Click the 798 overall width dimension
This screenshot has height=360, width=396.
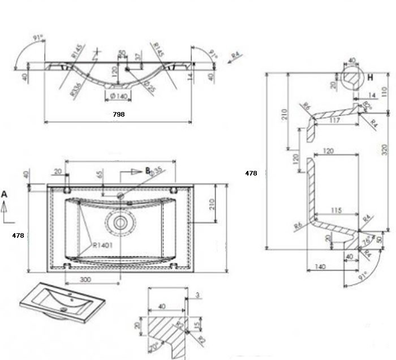click(x=119, y=114)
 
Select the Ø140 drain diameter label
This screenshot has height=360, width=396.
click(x=118, y=97)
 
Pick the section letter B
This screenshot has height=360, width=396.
click(x=148, y=170)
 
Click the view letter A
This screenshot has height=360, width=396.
click(x=5, y=194)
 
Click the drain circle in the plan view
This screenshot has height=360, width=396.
click(x=120, y=221)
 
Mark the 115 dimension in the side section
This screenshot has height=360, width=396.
click(x=335, y=211)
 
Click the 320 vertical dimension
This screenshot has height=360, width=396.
click(x=385, y=149)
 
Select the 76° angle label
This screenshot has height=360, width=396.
click(x=366, y=240)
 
